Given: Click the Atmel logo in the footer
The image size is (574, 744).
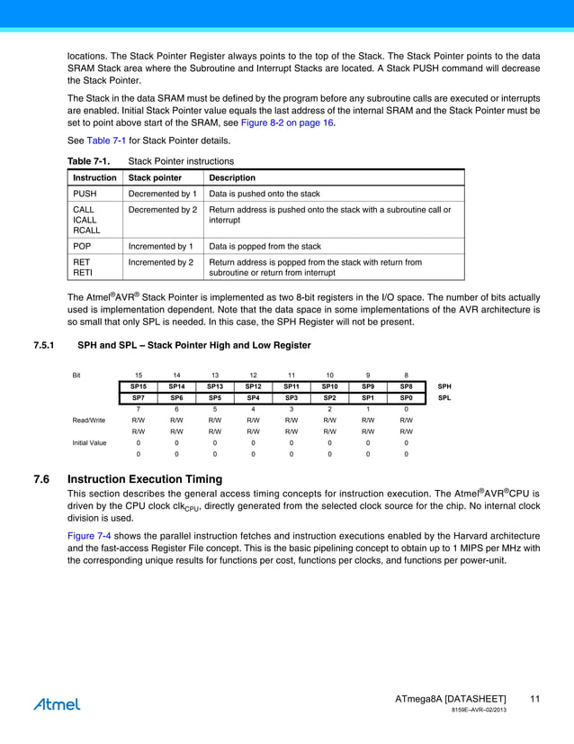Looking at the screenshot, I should (57, 704).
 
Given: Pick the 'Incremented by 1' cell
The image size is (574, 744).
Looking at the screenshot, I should (161, 246).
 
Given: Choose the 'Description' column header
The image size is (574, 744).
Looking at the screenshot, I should (232, 177).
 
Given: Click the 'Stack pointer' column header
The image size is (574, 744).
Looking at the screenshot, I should (156, 177).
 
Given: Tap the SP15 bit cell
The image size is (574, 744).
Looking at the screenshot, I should (138, 386).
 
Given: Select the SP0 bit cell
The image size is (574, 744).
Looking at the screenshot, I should (406, 397).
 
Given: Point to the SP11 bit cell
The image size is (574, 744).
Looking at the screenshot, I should (291, 386).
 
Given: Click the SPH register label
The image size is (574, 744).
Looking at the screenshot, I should (444, 386).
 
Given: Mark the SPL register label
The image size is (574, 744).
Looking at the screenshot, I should (444, 397).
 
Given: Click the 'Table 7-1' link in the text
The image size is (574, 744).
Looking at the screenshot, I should (106, 141).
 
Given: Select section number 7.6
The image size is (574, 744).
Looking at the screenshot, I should (40, 479).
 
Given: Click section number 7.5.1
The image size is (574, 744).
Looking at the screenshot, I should (44, 345).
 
